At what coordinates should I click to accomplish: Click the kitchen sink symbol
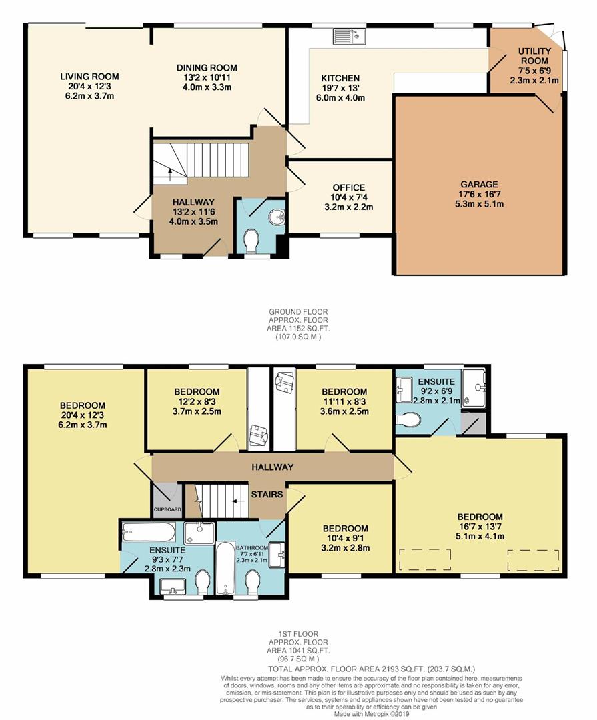[x=349, y=37]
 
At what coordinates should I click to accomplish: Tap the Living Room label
[x=89, y=86]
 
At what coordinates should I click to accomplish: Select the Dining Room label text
[x=207, y=77]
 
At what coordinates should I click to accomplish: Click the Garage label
[x=480, y=194]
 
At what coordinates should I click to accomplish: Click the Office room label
[x=349, y=197]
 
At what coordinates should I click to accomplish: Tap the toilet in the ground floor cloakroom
[x=251, y=241]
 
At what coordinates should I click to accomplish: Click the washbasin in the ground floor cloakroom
[x=277, y=217]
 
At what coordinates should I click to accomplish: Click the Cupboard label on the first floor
[x=167, y=509]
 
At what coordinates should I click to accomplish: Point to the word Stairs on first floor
[x=267, y=494]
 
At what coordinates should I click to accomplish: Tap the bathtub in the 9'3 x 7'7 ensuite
[x=149, y=532]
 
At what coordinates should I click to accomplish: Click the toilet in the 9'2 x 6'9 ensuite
[x=408, y=419]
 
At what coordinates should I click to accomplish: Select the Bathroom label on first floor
[x=252, y=547]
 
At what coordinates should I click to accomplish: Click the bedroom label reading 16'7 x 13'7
[x=480, y=526]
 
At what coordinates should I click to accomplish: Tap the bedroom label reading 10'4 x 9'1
[x=345, y=538]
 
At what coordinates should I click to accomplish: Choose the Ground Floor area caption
[x=298, y=324]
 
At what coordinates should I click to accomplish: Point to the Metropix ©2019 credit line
[x=372, y=714]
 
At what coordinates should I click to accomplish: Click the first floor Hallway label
[x=273, y=467]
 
